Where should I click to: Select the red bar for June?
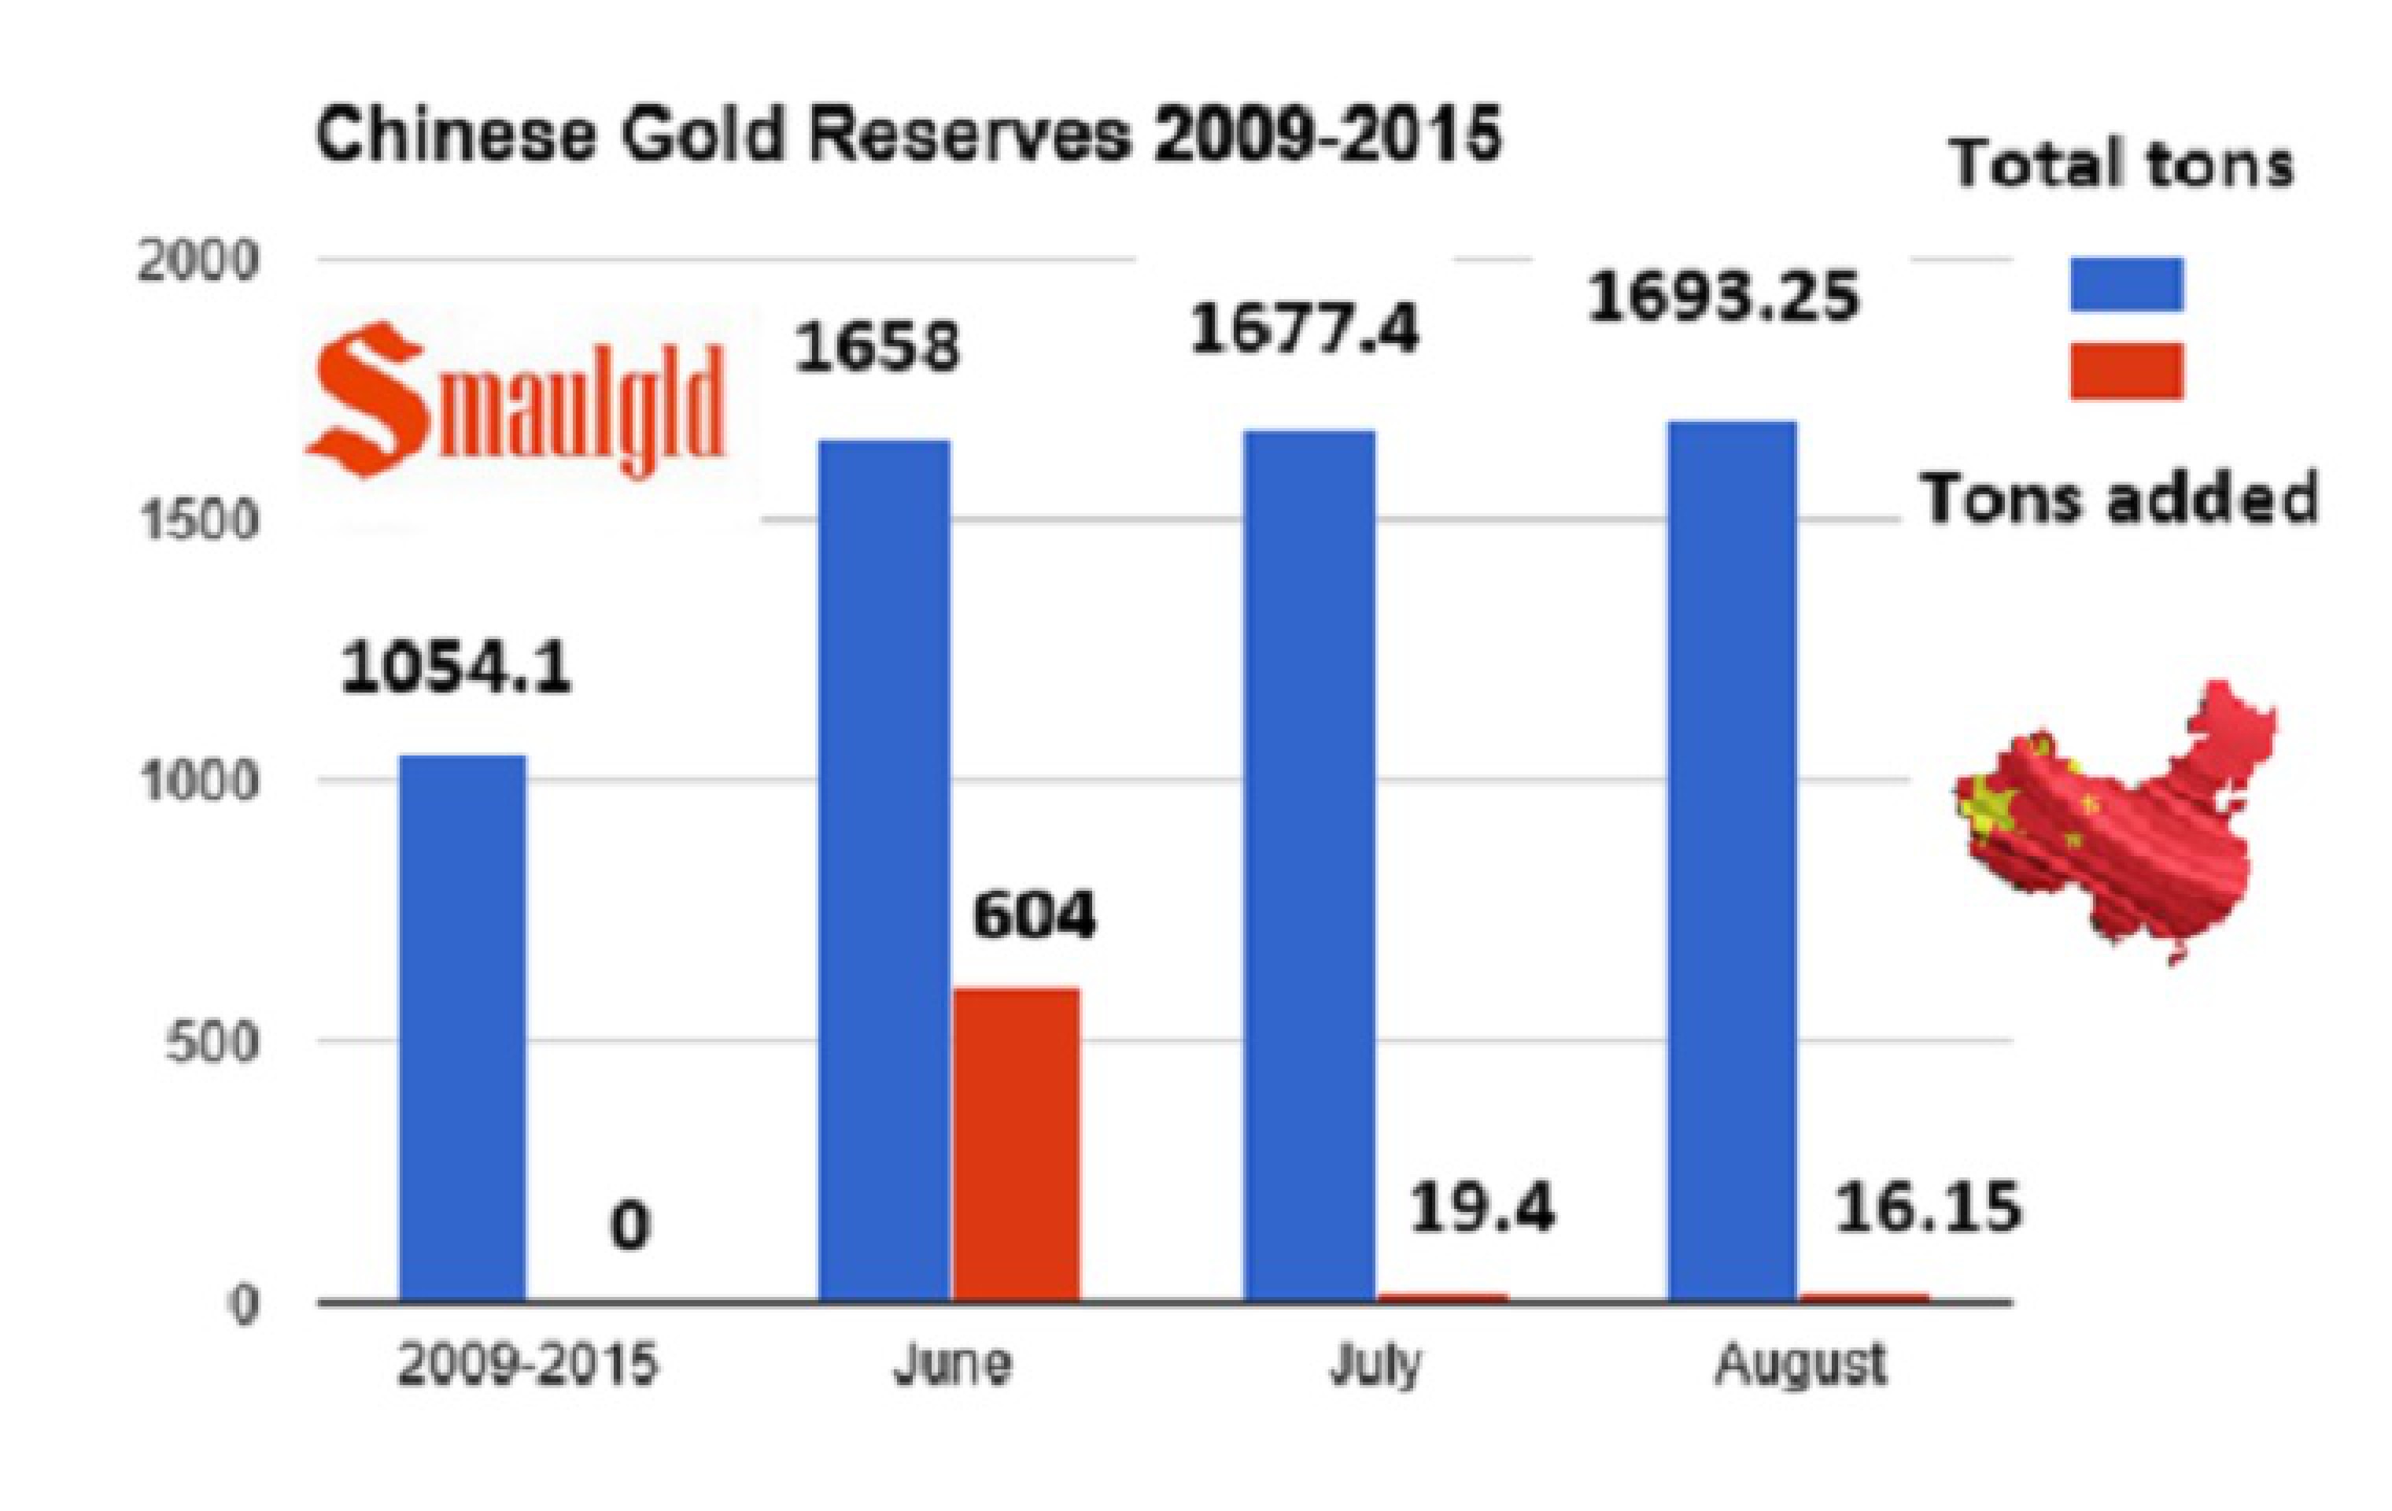(1015, 1143)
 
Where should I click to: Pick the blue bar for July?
(1309, 864)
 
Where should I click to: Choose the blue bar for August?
(1731, 860)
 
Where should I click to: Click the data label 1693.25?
(1722, 297)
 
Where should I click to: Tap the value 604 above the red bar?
(1033, 915)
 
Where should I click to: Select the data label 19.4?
(1481, 1208)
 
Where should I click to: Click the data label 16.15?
(1926, 1208)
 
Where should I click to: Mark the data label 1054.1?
(456, 669)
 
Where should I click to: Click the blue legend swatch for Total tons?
(2126, 284)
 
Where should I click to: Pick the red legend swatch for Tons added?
(2126, 371)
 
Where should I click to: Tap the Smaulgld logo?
(516, 402)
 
